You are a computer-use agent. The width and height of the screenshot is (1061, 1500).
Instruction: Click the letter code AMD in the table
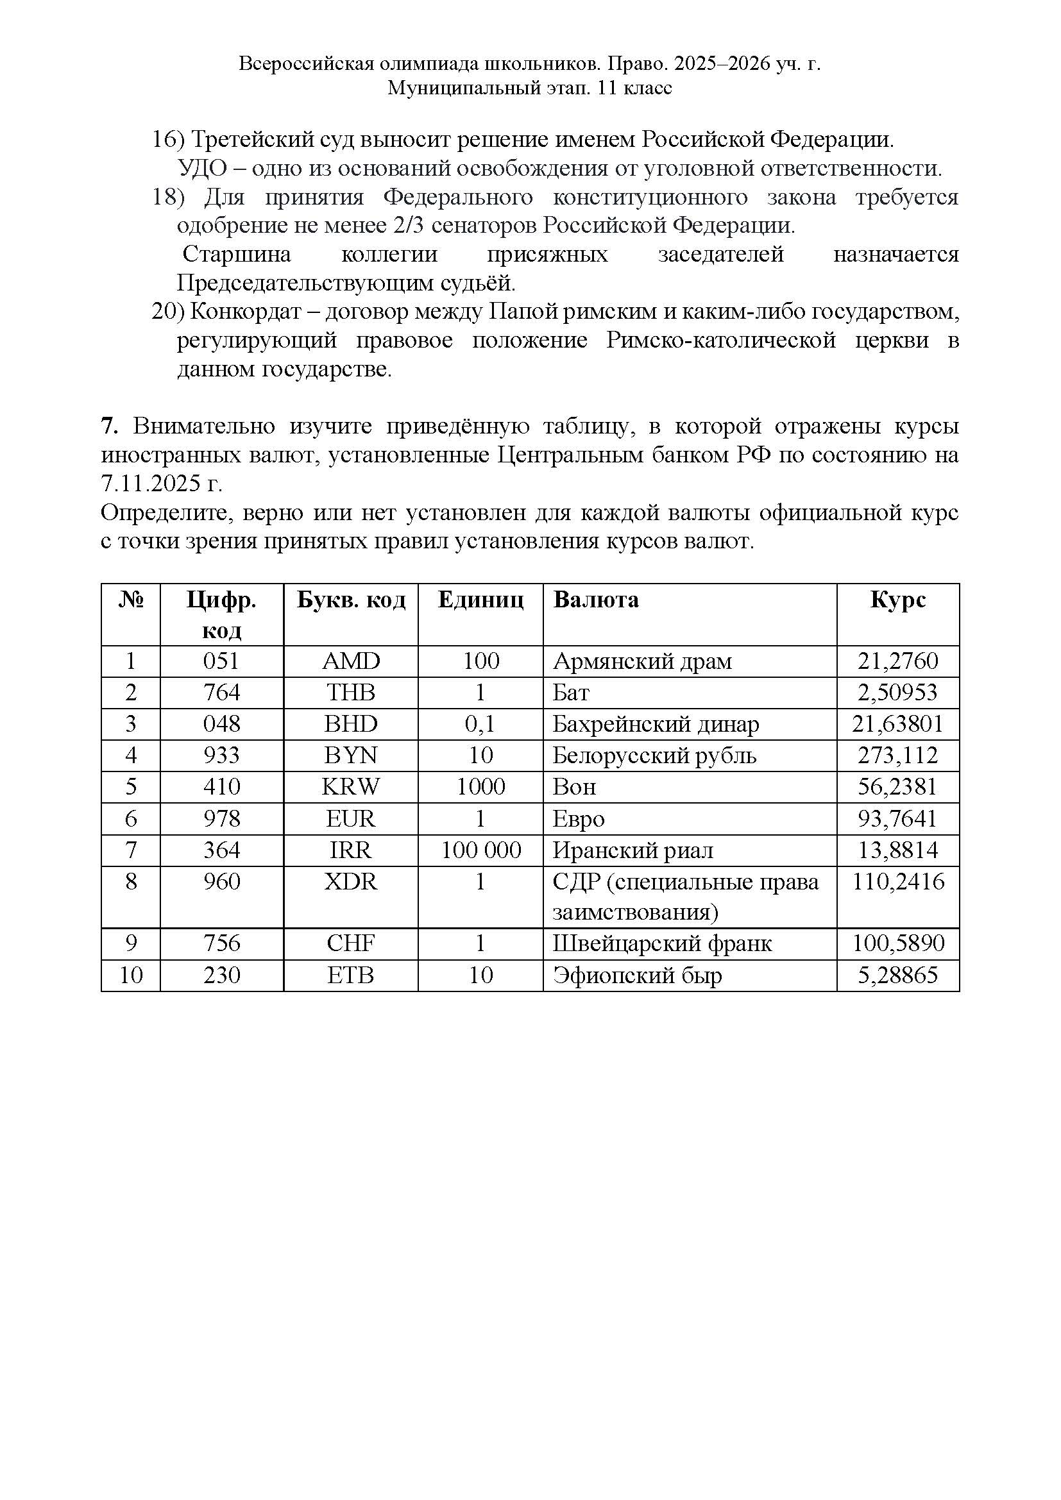[x=351, y=661]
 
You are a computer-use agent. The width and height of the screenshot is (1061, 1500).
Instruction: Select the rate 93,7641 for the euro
[x=897, y=818]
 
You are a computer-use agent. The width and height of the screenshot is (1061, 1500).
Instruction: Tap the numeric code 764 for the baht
[x=221, y=693]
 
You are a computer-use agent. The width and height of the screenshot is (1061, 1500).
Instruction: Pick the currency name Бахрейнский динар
[x=656, y=724]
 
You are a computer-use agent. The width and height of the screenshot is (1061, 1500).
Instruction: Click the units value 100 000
[x=481, y=850]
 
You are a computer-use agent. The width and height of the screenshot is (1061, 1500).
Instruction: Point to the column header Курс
[x=897, y=600]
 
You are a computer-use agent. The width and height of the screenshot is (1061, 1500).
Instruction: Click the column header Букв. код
[x=351, y=600]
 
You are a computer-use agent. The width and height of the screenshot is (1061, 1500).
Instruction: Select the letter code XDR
[x=351, y=882]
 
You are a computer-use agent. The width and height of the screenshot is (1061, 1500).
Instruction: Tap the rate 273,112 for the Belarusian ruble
[x=897, y=755]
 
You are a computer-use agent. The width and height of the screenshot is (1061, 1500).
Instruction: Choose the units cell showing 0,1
[x=480, y=724]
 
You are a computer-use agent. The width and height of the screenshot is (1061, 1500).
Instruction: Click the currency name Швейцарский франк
[x=662, y=943]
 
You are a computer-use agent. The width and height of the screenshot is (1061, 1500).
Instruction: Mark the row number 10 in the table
[x=131, y=975]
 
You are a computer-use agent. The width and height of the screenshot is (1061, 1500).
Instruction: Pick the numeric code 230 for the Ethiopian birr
[x=221, y=975]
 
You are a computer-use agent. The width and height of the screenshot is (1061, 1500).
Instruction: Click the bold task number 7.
[x=108, y=426]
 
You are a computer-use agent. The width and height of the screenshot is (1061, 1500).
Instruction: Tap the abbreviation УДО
[x=201, y=169]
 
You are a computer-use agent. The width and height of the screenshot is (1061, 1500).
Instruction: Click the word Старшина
[x=237, y=254]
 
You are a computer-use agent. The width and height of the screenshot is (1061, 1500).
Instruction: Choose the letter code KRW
[x=351, y=787]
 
